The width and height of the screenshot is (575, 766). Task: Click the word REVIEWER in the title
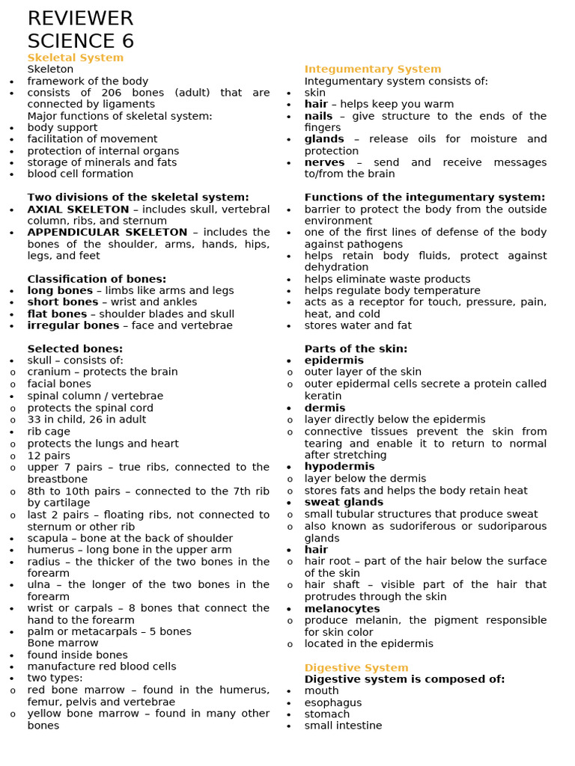coord(80,19)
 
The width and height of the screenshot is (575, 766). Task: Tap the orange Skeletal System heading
coord(75,58)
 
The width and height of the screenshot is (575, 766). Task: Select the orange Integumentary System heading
coord(372,70)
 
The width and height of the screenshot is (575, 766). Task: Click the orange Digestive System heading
coord(356,667)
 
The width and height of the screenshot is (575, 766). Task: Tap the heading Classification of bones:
coord(97,279)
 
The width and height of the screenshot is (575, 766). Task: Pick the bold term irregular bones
coord(73,325)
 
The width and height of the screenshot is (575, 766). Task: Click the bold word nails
coord(318,116)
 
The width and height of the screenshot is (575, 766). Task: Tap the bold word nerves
coord(324,162)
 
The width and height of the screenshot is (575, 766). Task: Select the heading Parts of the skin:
coord(356,349)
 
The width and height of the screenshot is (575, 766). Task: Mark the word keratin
coord(323,396)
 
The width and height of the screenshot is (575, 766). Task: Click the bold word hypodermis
coord(339,466)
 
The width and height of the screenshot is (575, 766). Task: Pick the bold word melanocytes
coord(341,609)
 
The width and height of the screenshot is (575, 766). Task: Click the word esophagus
coord(332,702)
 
